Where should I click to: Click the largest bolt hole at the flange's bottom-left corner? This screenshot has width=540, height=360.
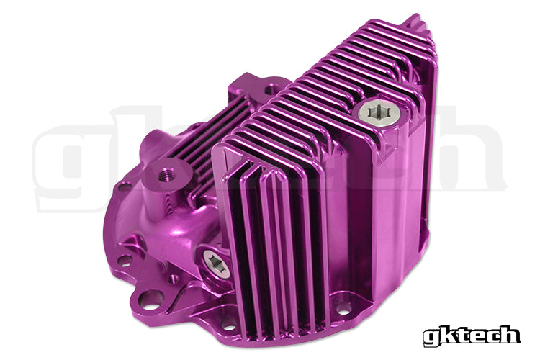pos(150,297)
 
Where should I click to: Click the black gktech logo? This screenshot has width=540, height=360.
pos(472,335)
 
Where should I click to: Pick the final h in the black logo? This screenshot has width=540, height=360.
pos(509,334)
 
